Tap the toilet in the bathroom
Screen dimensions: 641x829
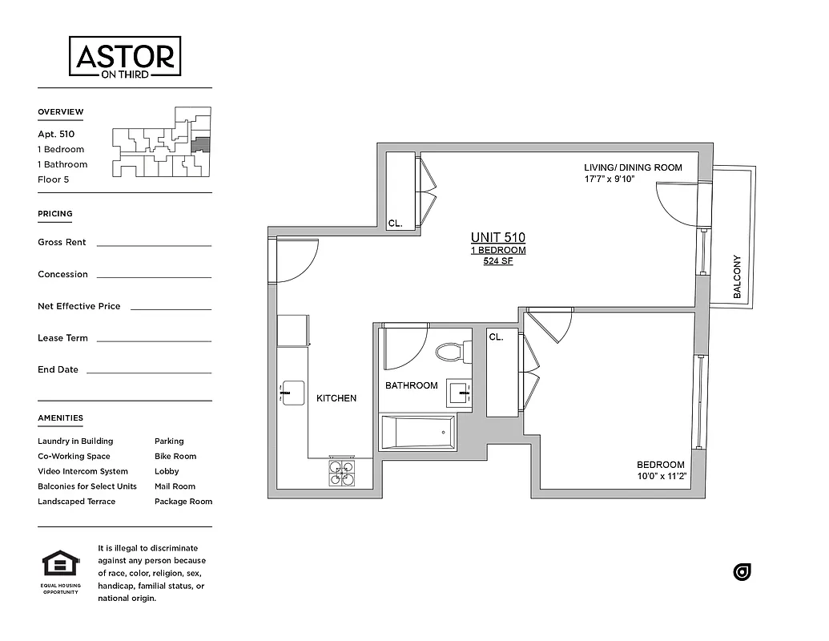(x=453, y=352)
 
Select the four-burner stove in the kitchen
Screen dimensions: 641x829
(x=342, y=472)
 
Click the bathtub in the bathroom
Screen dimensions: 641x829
(x=418, y=433)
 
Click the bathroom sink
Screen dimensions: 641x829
(x=460, y=393)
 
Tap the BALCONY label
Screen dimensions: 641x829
(x=737, y=278)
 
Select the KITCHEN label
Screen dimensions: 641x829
(x=336, y=398)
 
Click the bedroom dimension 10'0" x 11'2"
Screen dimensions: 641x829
(x=661, y=476)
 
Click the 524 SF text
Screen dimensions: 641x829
(x=498, y=261)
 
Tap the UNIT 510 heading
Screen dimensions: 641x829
(x=498, y=237)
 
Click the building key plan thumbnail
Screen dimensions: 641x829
(x=162, y=143)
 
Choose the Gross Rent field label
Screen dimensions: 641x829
(x=62, y=242)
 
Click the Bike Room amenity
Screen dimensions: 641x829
(x=175, y=456)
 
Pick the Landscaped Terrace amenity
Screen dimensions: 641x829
(x=76, y=502)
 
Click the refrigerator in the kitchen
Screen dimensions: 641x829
(x=293, y=330)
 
